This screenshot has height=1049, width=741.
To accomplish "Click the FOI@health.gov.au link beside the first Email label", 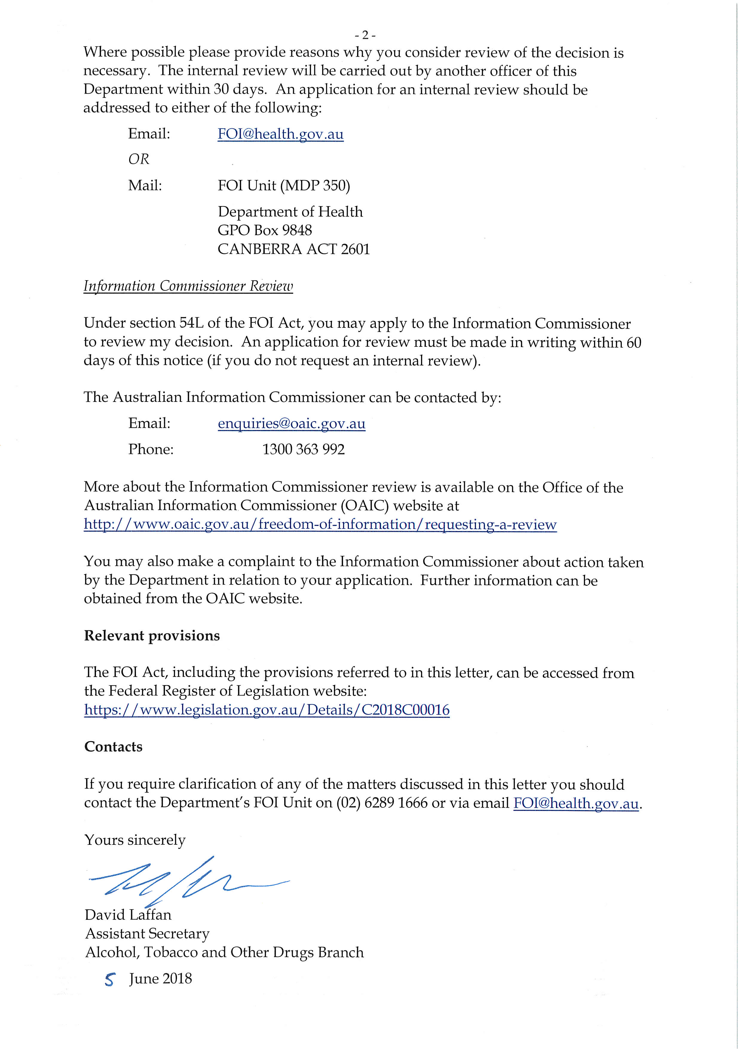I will click(280, 134).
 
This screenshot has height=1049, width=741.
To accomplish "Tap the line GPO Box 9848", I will click(264, 230).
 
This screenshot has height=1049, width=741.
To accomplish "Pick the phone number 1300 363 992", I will click(303, 449).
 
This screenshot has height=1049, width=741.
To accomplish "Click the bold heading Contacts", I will click(113, 747).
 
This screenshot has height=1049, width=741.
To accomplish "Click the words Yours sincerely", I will click(135, 840).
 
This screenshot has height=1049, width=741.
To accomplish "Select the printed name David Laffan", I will click(128, 915).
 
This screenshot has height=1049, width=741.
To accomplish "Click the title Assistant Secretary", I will click(147, 933).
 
